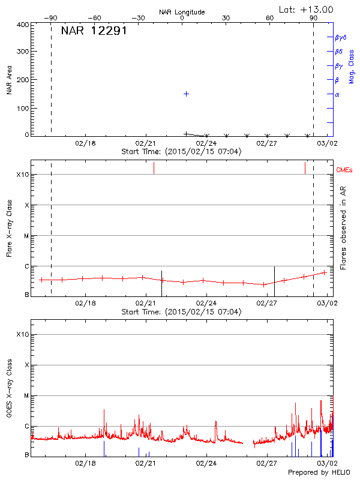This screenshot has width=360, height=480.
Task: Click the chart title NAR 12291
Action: tap(94, 31)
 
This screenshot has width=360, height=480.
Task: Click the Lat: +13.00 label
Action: tap(307, 9)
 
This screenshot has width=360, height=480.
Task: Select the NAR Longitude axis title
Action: tap(182, 11)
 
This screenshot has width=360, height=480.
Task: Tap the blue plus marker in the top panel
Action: tap(187, 94)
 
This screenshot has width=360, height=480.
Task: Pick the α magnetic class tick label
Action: tap(337, 94)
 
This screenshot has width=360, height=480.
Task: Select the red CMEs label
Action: tap(344, 170)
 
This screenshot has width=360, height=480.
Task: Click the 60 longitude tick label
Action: tap(269, 18)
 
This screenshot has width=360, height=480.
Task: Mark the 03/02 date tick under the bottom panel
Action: tap(327, 463)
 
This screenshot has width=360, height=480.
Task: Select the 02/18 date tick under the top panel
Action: tap(86, 143)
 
